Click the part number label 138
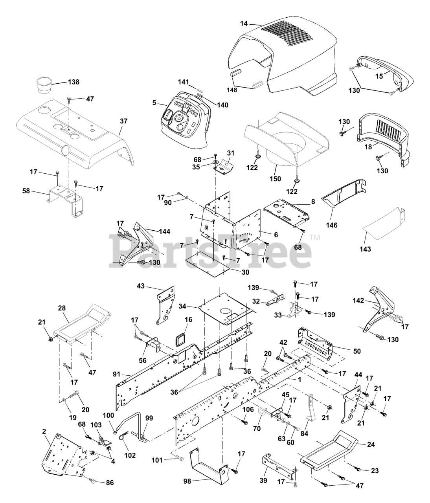(x=74, y=82)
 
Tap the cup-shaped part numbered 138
(x=44, y=85)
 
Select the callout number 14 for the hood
(x=244, y=24)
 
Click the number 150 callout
(x=275, y=179)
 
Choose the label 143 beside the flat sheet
(x=365, y=249)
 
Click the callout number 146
(x=332, y=225)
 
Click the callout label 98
(x=187, y=481)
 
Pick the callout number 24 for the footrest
(x=371, y=444)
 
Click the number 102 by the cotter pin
(x=130, y=455)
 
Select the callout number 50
(x=357, y=351)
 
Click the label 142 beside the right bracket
(x=358, y=301)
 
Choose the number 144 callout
(x=165, y=231)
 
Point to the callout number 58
(x=26, y=191)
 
